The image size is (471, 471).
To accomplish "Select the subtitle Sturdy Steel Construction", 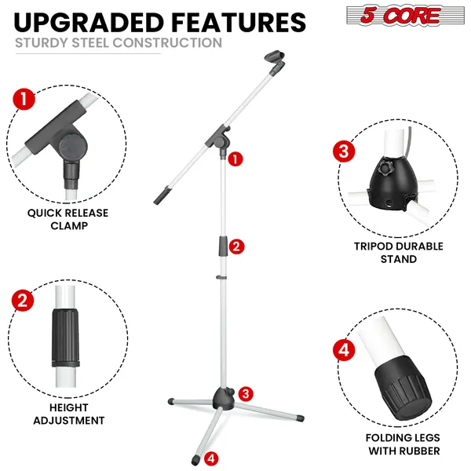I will point(119,42).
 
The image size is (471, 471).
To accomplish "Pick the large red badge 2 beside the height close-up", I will point(24,301).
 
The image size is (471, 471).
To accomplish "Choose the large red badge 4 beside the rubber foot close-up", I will point(342,348).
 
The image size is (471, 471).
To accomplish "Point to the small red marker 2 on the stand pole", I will point(236,246).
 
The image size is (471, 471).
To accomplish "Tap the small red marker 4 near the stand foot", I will point(210,458).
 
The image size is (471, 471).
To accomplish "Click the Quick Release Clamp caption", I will point(68,219).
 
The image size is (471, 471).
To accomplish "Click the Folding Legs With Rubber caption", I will point(403,444).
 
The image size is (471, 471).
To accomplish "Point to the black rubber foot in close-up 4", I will point(397,389).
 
